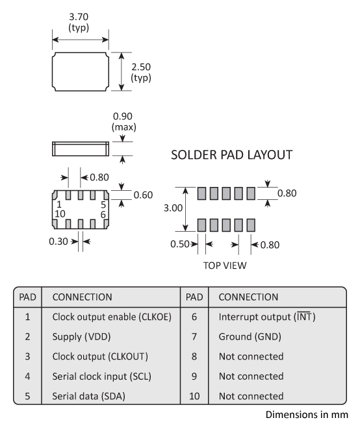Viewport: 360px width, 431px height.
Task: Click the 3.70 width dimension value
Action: pyautogui.click(x=79, y=18)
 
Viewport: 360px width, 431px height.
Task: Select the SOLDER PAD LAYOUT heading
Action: pyautogui.click(x=231, y=155)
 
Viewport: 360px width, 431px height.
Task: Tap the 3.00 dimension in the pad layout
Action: pyautogui.click(x=172, y=209)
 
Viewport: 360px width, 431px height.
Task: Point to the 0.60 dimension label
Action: pyautogui.click(x=144, y=195)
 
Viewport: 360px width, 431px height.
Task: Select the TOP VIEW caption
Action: pyautogui.click(x=225, y=265)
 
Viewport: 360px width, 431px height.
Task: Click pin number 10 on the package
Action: pyautogui.click(x=60, y=214)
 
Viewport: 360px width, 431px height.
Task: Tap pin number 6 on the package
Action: pyautogui.click(x=103, y=214)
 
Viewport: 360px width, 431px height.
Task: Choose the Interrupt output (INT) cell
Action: pyautogui.click(x=266, y=317)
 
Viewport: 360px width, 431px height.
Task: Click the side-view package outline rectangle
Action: pyautogui.click(x=79, y=149)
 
